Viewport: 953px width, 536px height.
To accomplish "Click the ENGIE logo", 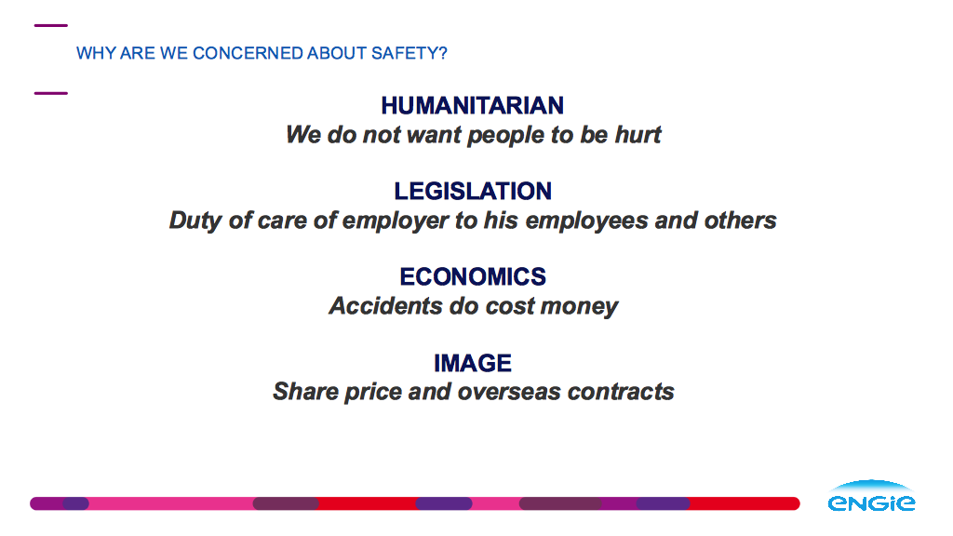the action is point(871,496).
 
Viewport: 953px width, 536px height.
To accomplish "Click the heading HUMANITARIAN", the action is point(472,106).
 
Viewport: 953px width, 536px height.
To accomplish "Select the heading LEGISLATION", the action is point(473,192).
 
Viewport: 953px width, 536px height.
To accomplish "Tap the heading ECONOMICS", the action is point(473,277).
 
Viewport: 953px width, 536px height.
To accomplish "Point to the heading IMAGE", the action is point(473,364).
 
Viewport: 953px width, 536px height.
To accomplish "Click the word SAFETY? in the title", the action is point(409,53).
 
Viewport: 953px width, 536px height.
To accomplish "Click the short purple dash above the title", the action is point(51,25).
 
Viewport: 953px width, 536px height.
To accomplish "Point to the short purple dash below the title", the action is point(51,93).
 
